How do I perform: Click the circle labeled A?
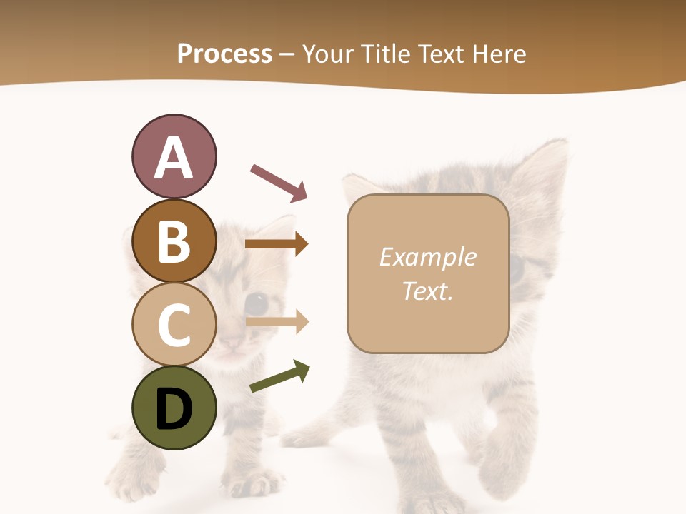click(x=174, y=156)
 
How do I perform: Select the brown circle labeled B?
click(x=174, y=241)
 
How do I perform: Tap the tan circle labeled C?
click(x=174, y=324)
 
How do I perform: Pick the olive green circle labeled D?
click(x=174, y=408)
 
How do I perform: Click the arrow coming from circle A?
click(x=279, y=183)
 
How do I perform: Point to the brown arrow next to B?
click(x=276, y=244)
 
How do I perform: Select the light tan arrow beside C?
click(x=276, y=322)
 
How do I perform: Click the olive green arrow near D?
click(x=279, y=377)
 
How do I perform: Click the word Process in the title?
click(x=224, y=54)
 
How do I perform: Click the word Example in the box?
click(x=427, y=257)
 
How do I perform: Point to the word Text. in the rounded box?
click(x=427, y=291)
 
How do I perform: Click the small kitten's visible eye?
click(x=257, y=303)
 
